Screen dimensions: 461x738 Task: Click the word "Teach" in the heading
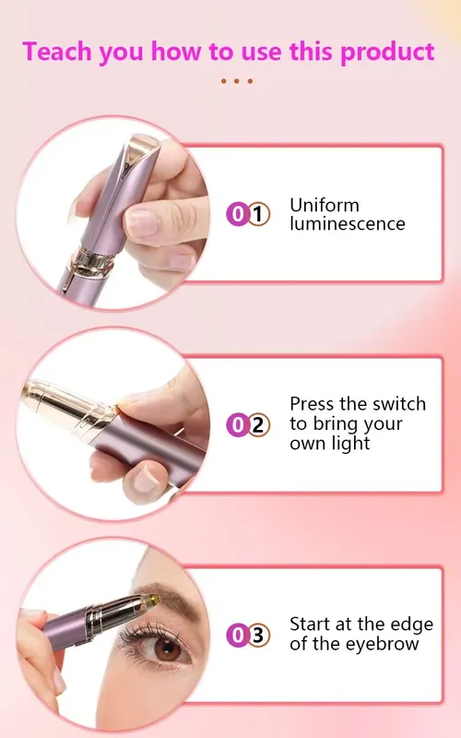click(x=55, y=52)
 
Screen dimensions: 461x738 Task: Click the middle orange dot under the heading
click(x=237, y=81)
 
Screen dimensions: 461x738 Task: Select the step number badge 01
click(x=248, y=214)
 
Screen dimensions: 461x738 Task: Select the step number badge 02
click(x=248, y=425)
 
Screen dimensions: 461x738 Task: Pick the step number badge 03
click(x=248, y=636)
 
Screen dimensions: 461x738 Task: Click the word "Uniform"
click(x=325, y=205)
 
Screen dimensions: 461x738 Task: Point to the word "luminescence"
click(x=348, y=223)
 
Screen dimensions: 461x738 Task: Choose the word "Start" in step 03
click(x=310, y=625)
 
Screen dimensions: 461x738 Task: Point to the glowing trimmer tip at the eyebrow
click(x=152, y=600)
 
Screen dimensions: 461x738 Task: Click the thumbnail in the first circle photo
click(x=141, y=222)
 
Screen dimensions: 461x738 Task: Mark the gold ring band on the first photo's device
click(x=94, y=262)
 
